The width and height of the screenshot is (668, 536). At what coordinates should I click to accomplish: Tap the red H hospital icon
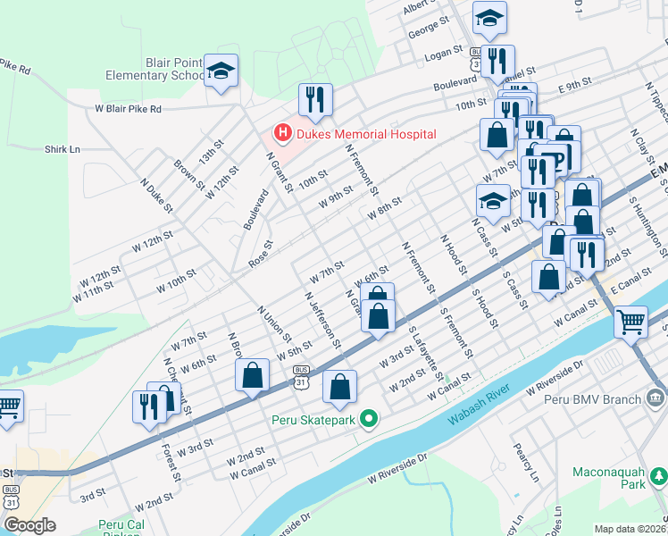[283, 134]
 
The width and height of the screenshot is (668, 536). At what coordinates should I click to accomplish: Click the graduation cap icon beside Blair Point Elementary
[221, 71]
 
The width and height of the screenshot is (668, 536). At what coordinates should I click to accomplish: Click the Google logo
[29, 525]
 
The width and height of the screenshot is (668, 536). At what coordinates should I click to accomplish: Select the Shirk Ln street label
[63, 149]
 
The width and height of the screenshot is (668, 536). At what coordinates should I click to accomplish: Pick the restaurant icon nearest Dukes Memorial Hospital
[314, 100]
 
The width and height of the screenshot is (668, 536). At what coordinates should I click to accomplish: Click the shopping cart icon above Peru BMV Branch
[630, 321]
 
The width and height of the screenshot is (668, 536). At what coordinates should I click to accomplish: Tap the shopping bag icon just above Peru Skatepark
[339, 387]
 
